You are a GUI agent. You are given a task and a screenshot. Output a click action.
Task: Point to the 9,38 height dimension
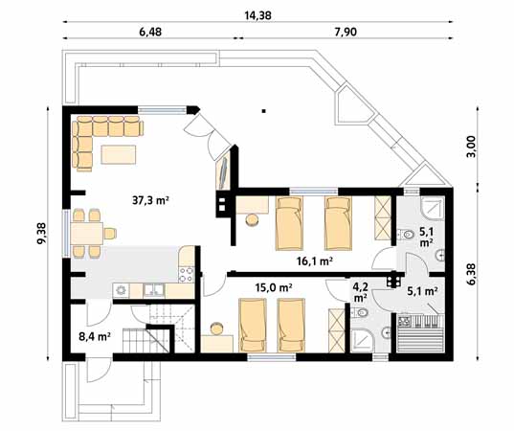point(40,234)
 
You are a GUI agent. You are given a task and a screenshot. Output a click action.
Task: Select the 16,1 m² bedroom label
point(312,261)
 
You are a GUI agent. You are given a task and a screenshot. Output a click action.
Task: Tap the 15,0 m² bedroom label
point(273,286)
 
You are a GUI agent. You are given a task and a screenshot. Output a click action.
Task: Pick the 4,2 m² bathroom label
point(360,290)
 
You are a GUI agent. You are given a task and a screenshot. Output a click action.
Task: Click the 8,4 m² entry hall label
point(96,337)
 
